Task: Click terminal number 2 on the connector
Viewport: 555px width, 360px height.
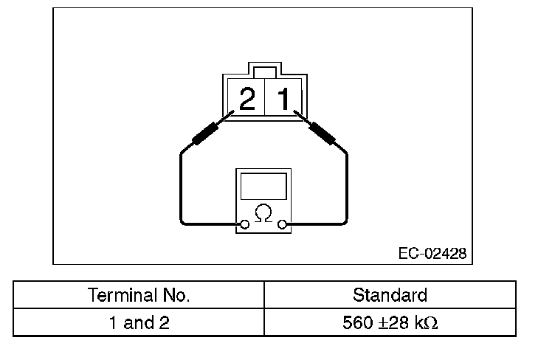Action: point(247,99)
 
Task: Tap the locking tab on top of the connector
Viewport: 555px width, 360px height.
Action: point(264,71)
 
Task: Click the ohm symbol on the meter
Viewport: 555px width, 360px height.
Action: point(263,214)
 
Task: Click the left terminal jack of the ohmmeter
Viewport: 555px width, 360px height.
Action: point(243,224)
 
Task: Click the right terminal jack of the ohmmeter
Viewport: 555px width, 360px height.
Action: point(283,224)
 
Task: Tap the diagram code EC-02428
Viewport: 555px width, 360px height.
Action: point(432,253)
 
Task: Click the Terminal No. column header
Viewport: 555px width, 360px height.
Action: point(139,296)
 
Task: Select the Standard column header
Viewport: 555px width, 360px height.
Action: point(390,296)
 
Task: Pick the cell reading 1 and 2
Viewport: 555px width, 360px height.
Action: point(139,322)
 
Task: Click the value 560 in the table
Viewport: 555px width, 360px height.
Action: point(356,322)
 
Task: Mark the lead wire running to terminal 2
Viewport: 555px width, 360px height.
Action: point(182,184)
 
